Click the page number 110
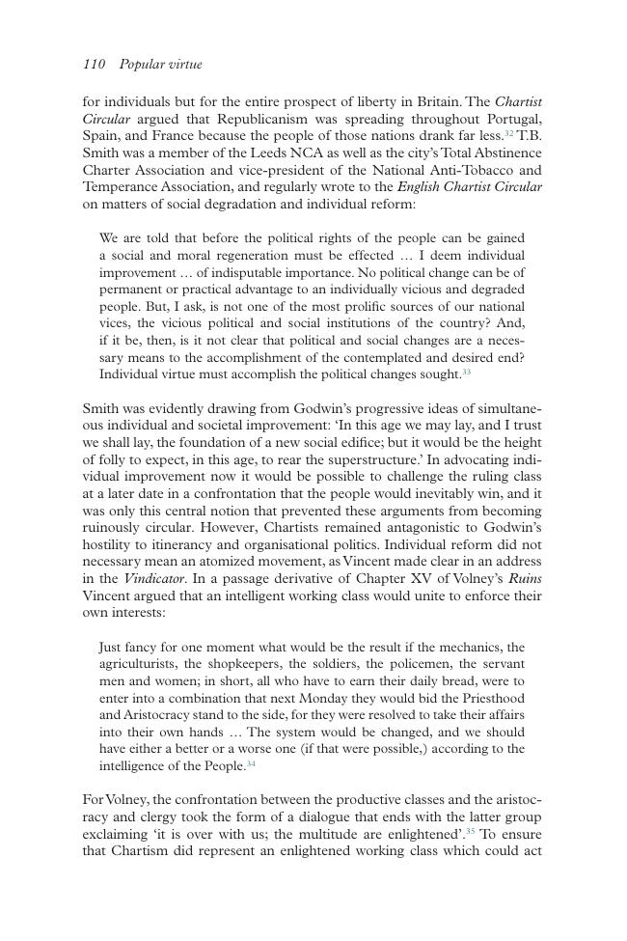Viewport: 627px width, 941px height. pyautogui.click(x=94, y=65)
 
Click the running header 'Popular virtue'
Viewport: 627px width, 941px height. pyautogui.click(x=160, y=65)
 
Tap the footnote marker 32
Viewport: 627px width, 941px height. pyautogui.click(x=509, y=134)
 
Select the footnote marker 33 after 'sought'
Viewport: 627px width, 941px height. pyautogui.click(x=466, y=372)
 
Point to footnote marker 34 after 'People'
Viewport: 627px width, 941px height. pyautogui.click(x=251, y=764)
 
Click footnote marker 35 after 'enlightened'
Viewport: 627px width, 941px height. pyautogui.click(x=471, y=831)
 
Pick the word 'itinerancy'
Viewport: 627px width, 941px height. pyautogui.click(x=150, y=545)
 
